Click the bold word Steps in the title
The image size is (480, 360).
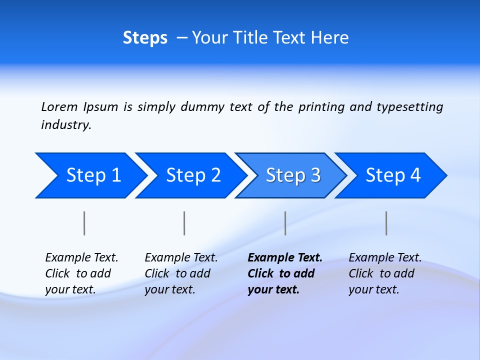click(145, 38)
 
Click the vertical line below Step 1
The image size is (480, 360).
click(84, 223)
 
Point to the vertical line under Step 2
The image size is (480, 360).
click(184, 223)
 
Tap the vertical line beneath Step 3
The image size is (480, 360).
click(285, 223)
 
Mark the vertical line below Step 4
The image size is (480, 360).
click(386, 223)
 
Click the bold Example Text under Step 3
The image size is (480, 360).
click(285, 273)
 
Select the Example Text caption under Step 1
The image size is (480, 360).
click(81, 273)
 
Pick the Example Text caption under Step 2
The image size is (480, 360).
click(181, 273)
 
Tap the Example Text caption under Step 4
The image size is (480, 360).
click(385, 273)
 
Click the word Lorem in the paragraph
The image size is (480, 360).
click(59, 107)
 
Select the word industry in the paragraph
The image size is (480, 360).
click(66, 125)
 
